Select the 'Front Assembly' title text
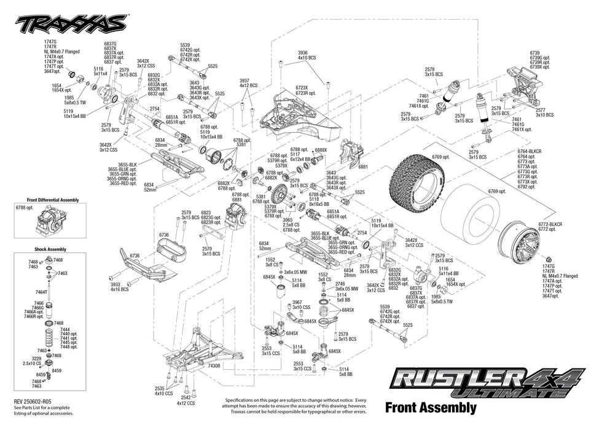(x=430, y=407)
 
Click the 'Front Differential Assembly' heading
(x=53, y=200)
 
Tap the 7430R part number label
(x=214, y=365)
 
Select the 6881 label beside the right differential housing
(x=362, y=166)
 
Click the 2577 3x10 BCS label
(x=544, y=112)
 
